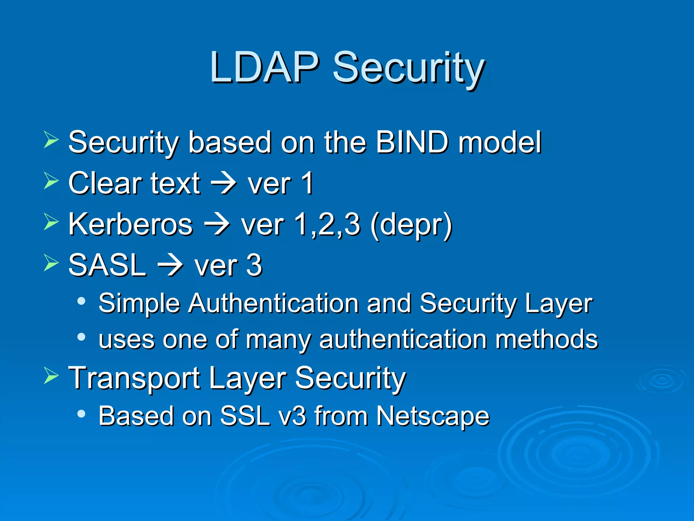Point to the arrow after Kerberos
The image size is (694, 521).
tap(217, 225)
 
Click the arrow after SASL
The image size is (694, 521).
tap(170, 266)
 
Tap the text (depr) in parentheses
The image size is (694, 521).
tap(411, 225)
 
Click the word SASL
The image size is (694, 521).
tap(107, 265)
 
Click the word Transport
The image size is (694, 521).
tap(134, 378)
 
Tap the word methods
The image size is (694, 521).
tap(547, 339)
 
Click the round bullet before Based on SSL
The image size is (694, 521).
tap(81, 413)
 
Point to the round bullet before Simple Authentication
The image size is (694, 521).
tap(81, 301)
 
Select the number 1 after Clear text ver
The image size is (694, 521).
tap(307, 183)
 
